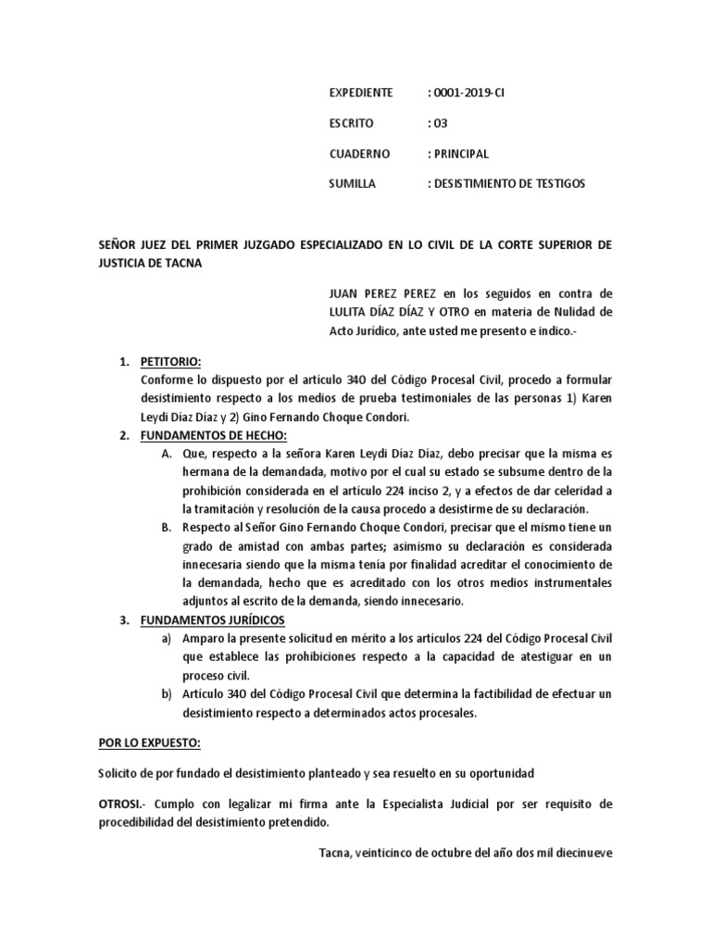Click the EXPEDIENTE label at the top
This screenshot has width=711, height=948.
coord(361,94)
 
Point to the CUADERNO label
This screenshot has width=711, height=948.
coord(360,154)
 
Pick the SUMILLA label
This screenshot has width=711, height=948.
coord(353,183)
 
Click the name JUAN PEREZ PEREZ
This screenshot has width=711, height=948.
coord(364,293)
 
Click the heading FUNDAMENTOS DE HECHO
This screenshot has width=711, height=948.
coord(213,435)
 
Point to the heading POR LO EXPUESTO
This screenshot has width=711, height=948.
coord(149,743)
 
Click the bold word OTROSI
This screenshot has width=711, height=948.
coord(119,804)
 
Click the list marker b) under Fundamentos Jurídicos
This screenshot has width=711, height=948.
coord(167,693)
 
